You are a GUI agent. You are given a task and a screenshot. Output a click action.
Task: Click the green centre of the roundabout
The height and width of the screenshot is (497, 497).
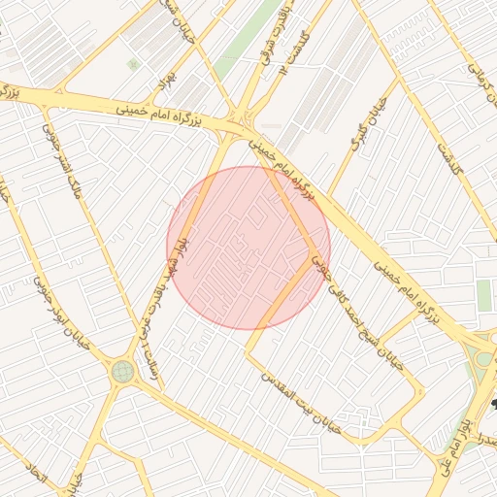coord(122,370)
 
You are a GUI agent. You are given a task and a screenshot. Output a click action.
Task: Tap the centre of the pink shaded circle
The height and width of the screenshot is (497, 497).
coord(248,248)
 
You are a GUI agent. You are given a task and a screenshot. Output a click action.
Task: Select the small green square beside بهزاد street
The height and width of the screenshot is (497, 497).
coord(133,64)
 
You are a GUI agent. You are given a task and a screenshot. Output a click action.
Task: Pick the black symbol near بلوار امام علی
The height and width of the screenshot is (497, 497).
coord(493,401)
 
